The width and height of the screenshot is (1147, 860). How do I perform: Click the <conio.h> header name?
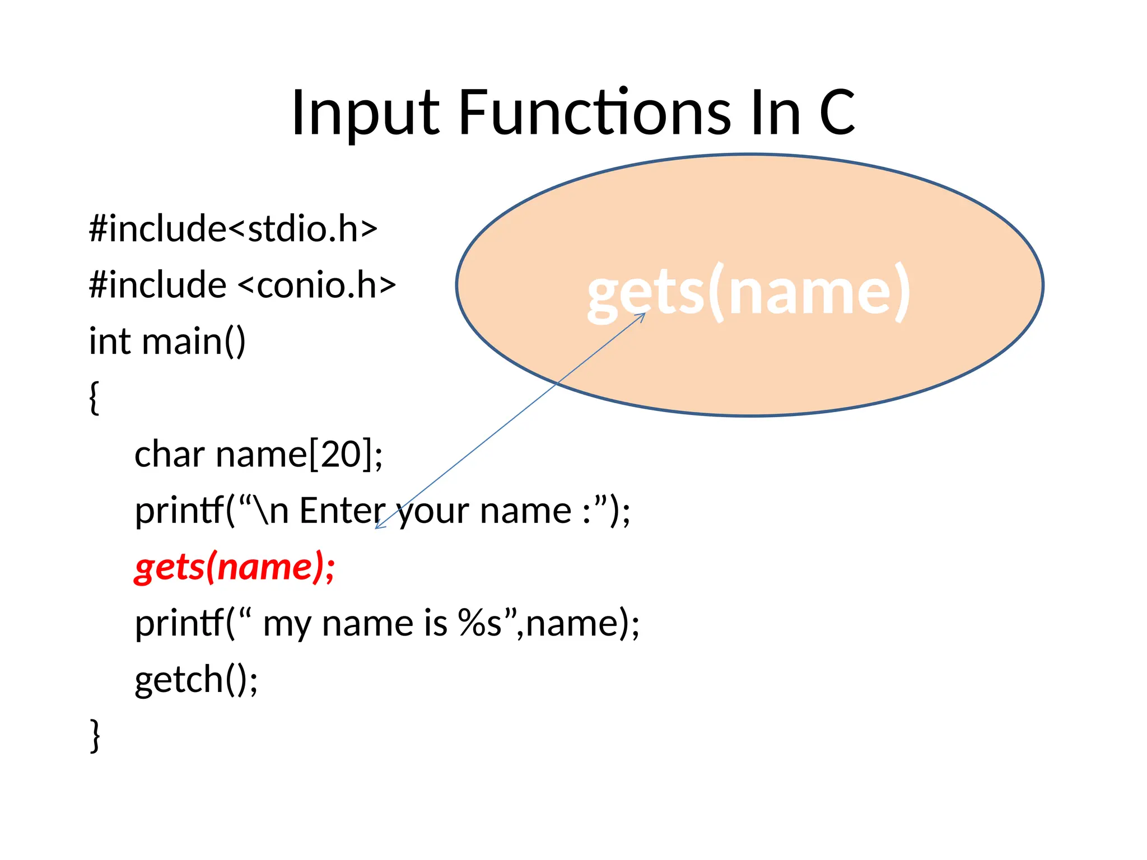point(317,285)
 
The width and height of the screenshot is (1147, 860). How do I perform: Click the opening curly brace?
point(94,398)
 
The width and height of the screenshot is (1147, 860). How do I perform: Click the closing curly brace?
point(95,735)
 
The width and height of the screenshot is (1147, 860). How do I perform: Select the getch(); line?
point(196,680)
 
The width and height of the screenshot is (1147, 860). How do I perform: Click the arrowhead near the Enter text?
point(378,526)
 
